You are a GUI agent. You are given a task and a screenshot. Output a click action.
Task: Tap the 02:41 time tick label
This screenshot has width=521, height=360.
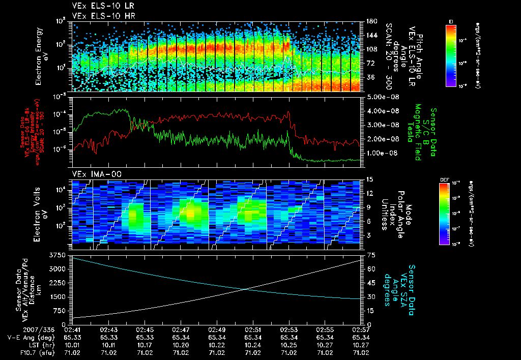coord(73,329)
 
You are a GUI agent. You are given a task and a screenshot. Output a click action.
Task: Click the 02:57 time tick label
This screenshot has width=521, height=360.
coord(361,329)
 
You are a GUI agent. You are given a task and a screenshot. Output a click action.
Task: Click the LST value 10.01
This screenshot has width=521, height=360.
coord(73,344)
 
